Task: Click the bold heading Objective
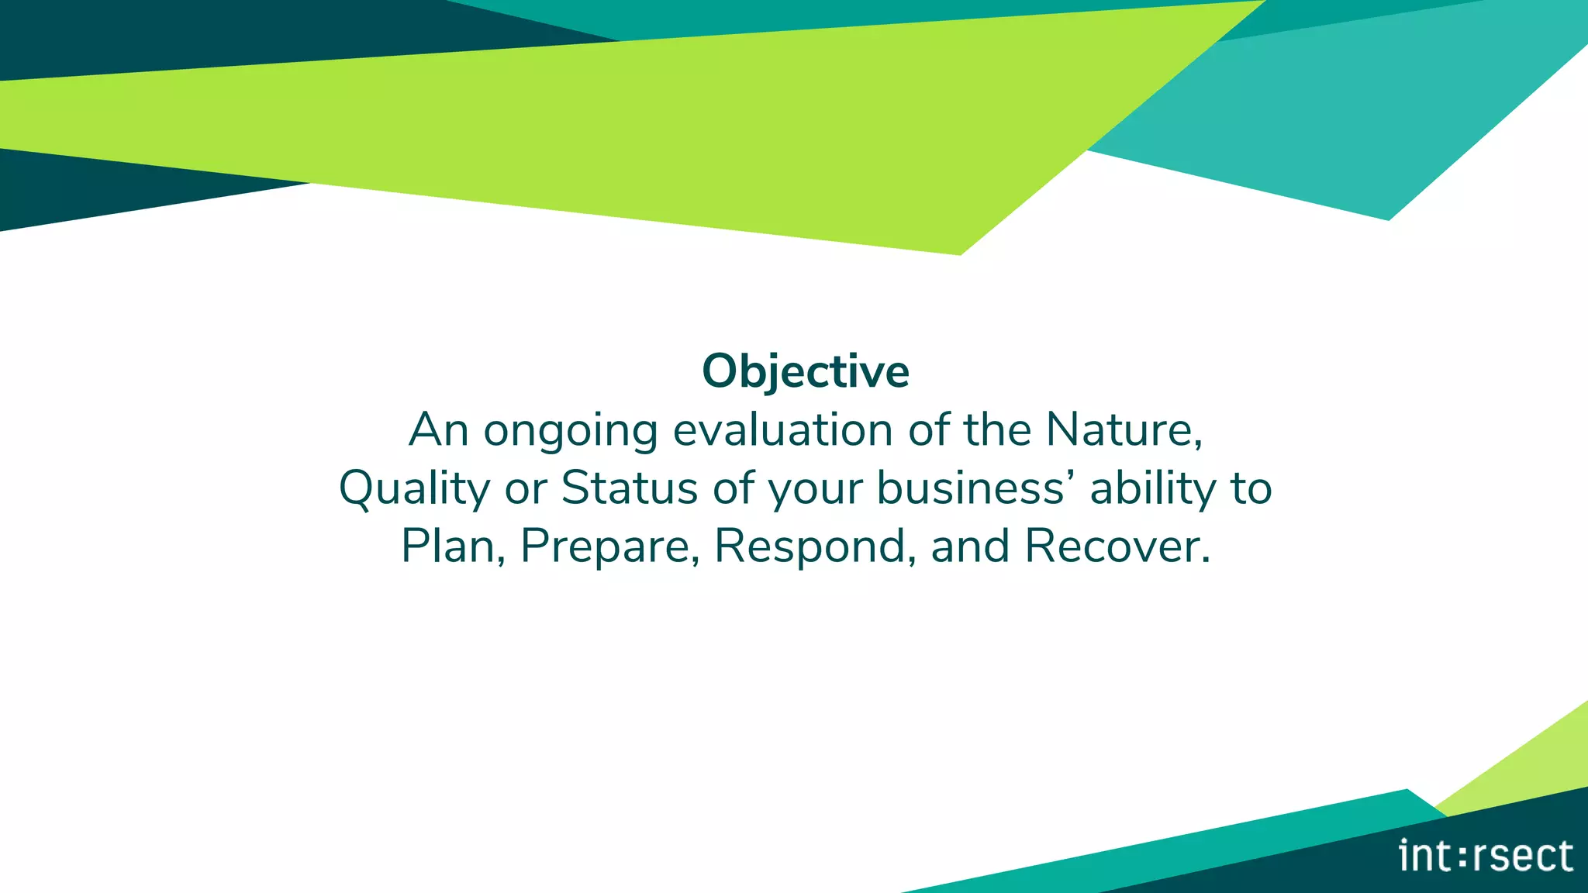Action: pos(805,371)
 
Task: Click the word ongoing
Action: pos(570,431)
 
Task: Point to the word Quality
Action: pos(414,489)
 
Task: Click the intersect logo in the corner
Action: pos(1485,856)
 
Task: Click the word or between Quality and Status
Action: pos(526,489)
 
